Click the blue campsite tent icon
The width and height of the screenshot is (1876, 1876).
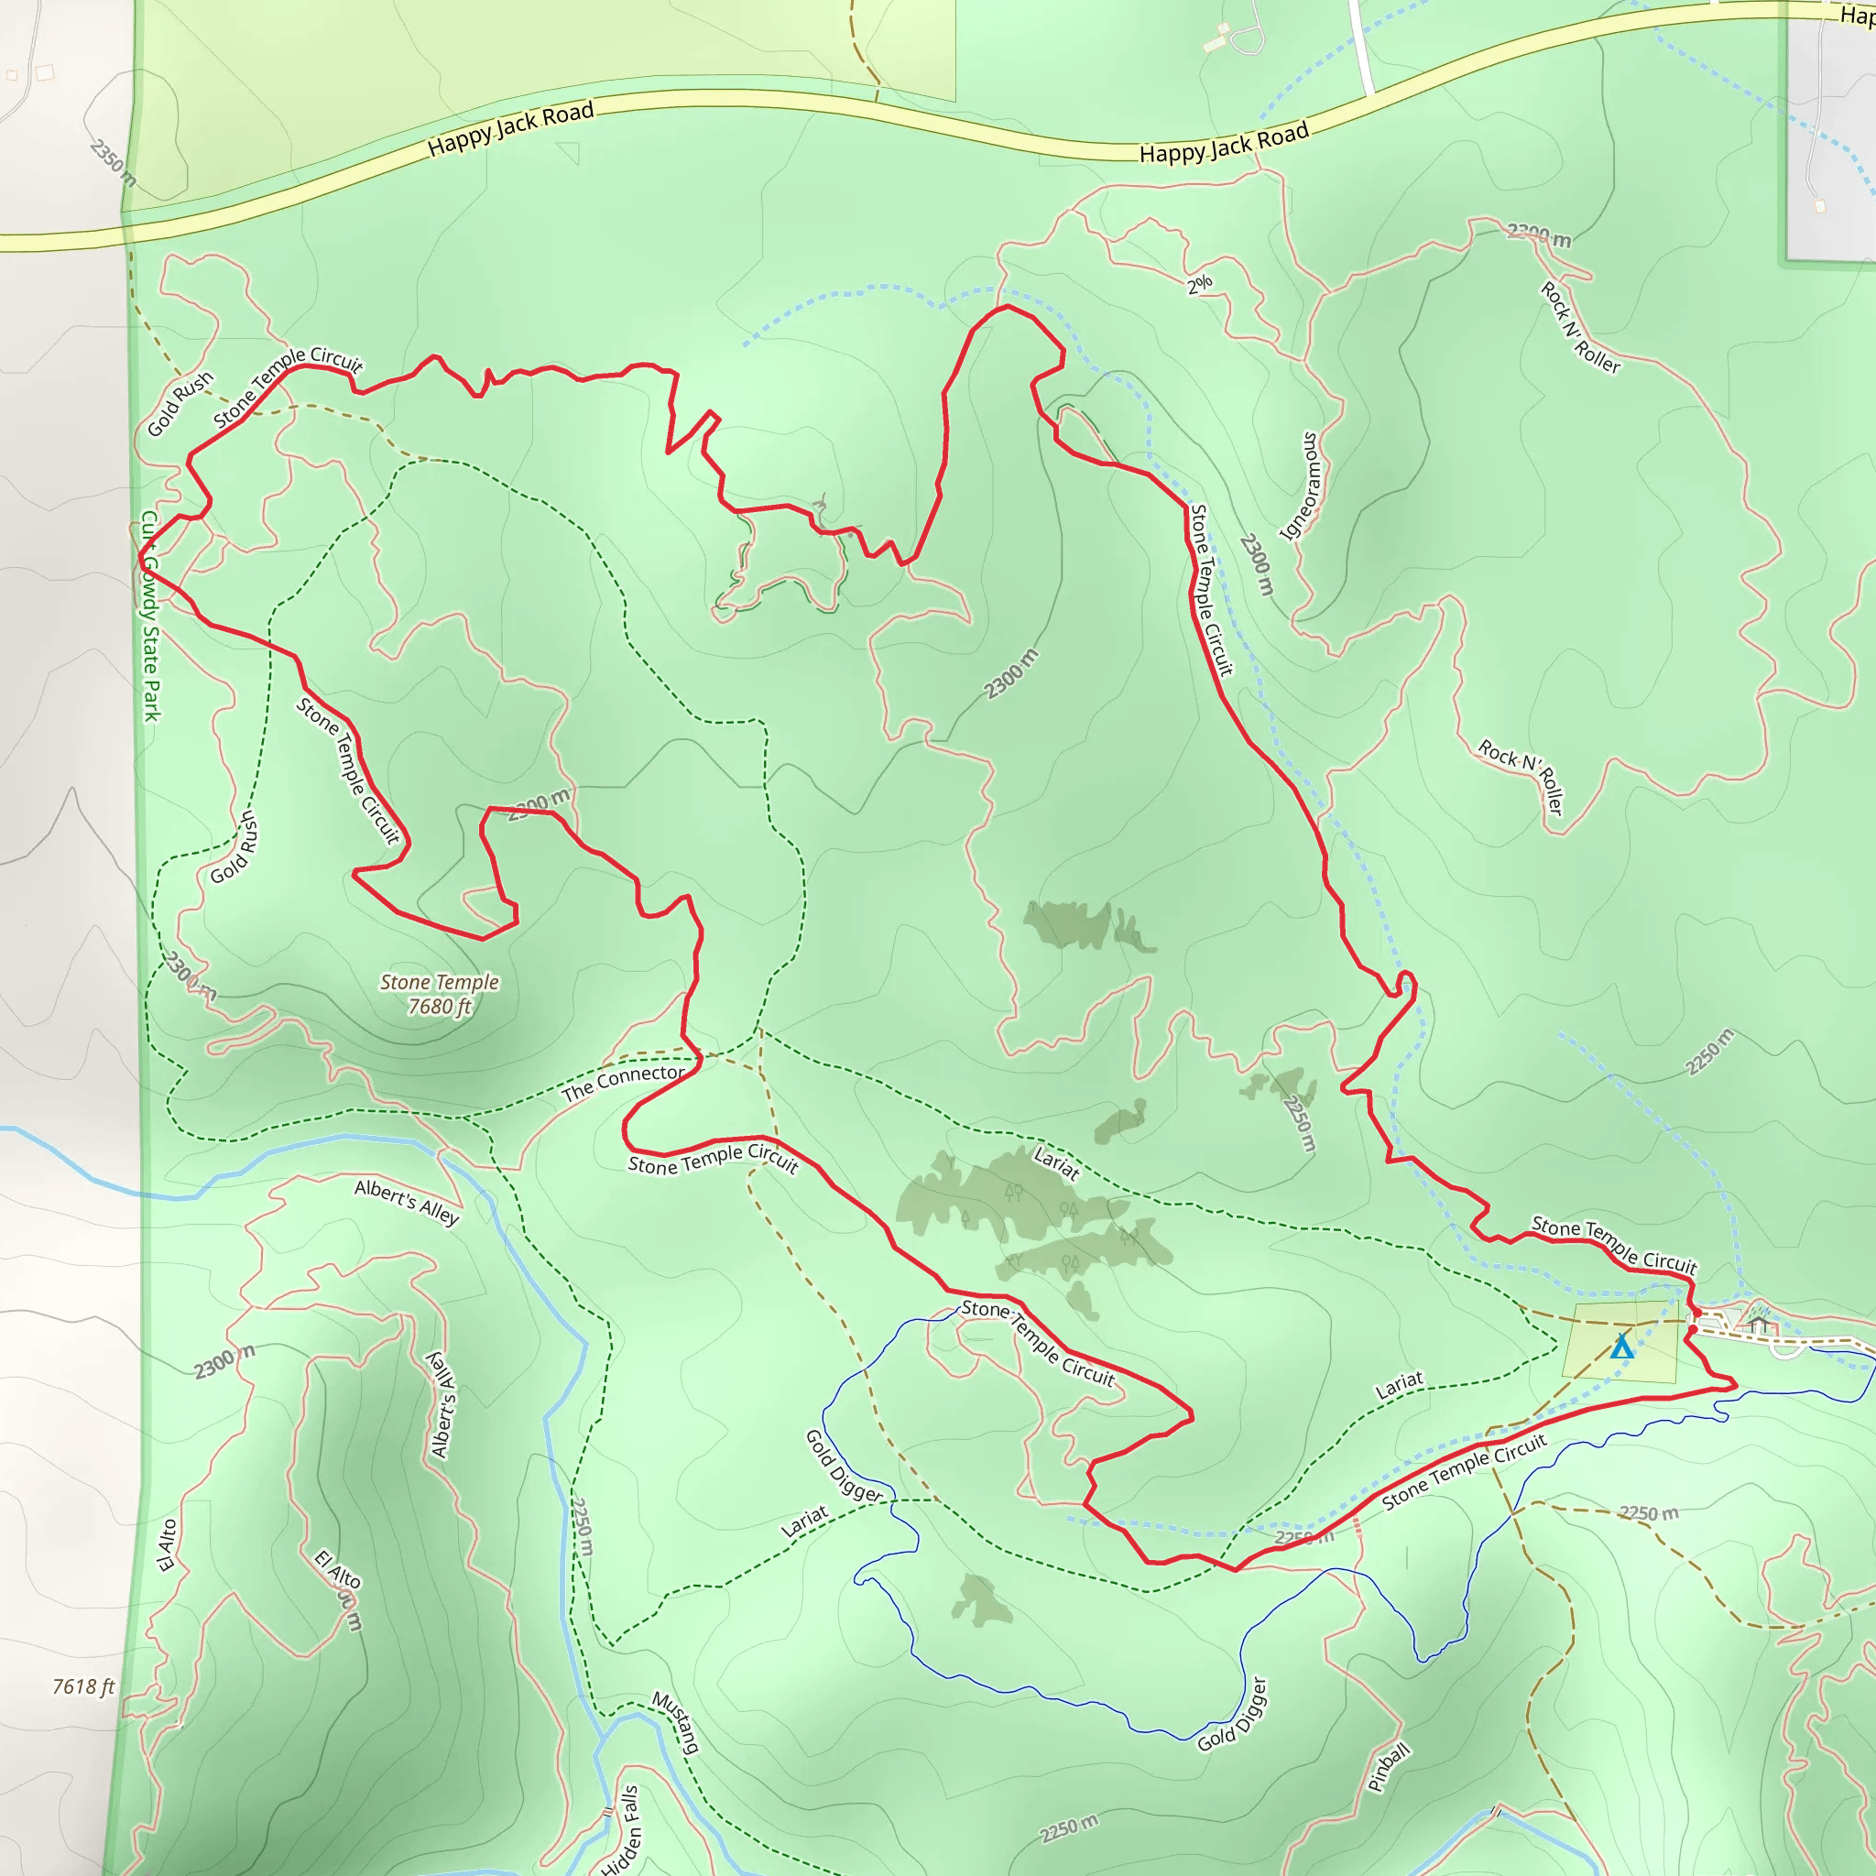(x=1621, y=1347)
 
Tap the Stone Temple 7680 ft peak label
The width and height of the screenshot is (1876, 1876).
(x=439, y=994)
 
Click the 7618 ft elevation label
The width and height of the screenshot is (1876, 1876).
(x=83, y=1686)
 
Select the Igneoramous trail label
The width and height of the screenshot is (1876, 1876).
(x=1301, y=485)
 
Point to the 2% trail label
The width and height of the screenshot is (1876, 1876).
(x=1199, y=284)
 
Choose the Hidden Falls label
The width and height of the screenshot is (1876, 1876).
(x=621, y=1830)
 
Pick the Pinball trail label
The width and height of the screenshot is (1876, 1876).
(x=1388, y=1767)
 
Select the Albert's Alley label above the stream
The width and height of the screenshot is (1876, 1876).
(x=406, y=1201)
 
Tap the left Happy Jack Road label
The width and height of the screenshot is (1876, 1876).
(x=511, y=129)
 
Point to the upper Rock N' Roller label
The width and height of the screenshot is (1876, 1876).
(x=1580, y=327)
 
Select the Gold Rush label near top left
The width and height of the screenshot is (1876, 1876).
(x=180, y=404)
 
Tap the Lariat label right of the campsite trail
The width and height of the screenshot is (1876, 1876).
(x=1400, y=1386)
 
